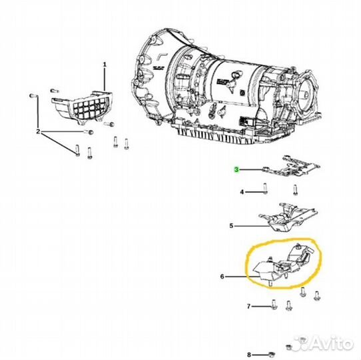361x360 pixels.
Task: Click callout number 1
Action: (x=105, y=65)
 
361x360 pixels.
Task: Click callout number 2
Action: (x=38, y=132)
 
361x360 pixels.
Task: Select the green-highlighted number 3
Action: (x=236, y=169)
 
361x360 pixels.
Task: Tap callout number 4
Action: (x=242, y=192)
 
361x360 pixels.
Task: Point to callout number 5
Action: (x=231, y=226)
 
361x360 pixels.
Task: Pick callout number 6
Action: (x=222, y=277)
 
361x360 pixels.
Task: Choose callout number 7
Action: (x=248, y=307)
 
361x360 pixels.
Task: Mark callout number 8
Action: (x=249, y=355)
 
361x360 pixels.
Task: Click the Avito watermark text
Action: (x=333, y=343)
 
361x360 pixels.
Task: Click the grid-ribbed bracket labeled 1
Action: (x=83, y=107)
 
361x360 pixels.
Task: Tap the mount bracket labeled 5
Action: (x=288, y=218)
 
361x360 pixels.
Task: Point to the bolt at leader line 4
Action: (x=265, y=188)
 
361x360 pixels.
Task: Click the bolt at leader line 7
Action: (x=274, y=304)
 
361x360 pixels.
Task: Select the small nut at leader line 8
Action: (x=272, y=355)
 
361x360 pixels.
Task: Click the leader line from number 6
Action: (x=242, y=277)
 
